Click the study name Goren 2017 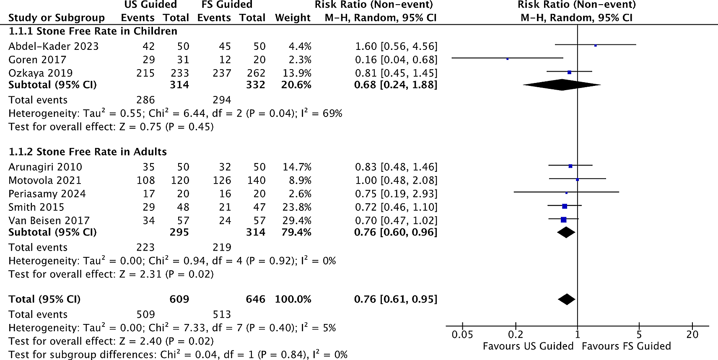point(37,60)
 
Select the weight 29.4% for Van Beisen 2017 point(297,221)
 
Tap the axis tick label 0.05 point(462,334)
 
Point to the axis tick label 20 point(692,334)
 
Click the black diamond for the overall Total point(567,299)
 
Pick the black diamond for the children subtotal point(562,85)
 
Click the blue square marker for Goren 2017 point(507,59)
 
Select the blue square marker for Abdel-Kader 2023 point(595,45)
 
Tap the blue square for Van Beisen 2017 point(563,220)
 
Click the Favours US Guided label point(528,346)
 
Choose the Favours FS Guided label point(626,346)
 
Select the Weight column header point(293,18)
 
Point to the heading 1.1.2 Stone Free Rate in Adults point(88,152)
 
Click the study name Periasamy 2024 point(47,194)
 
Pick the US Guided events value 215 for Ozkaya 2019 point(145,73)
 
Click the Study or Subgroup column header point(57,18)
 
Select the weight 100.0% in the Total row point(293,300)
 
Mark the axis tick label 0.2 point(516,334)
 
